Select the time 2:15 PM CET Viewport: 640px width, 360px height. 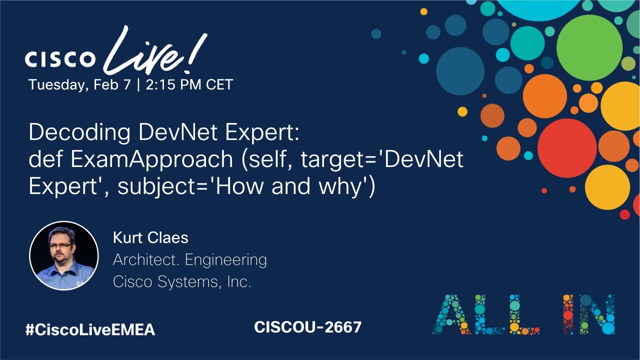(x=189, y=84)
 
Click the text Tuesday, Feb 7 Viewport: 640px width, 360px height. (x=79, y=84)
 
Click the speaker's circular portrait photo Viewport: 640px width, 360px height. (x=64, y=256)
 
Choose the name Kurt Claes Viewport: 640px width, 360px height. (x=150, y=237)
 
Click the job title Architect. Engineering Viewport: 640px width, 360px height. (x=189, y=260)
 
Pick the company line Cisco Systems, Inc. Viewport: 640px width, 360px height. (x=182, y=282)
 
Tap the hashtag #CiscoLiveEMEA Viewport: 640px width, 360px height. (x=90, y=330)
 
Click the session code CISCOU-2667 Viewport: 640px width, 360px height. (x=307, y=327)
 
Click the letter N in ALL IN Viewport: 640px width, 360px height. (x=597, y=314)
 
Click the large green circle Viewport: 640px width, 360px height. (x=589, y=47)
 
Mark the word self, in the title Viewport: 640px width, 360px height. (x=270, y=159)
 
